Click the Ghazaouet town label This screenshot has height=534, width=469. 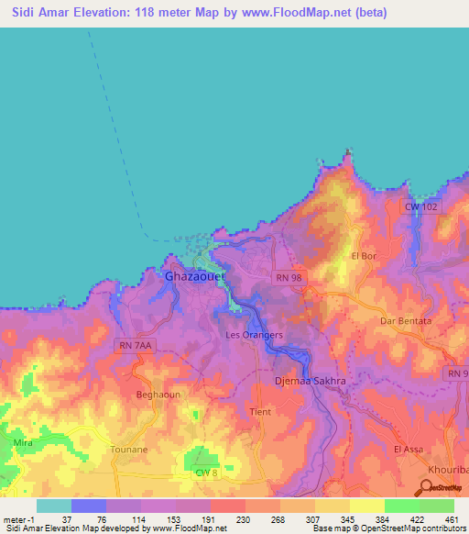(x=194, y=275)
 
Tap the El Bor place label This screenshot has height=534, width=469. (x=364, y=256)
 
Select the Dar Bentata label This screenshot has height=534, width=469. (x=406, y=321)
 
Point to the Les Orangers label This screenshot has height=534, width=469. (x=254, y=335)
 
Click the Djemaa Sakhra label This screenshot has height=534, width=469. (x=311, y=379)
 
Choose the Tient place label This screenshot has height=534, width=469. (x=260, y=412)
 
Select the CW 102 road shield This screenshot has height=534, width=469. (x=422, y=207)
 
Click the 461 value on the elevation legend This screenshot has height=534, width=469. (x=452, y=518)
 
